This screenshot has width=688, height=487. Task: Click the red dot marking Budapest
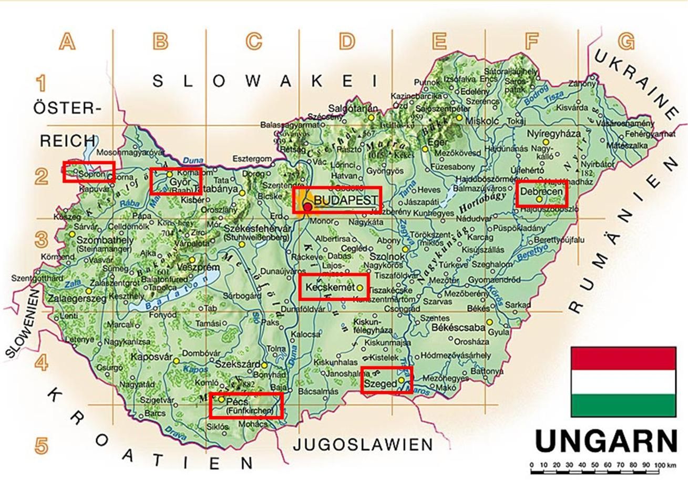(307, 207)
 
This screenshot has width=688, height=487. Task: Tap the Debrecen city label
(540, 192)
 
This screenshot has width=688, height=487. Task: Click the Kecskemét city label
(326, 288)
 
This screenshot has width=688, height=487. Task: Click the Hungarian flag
(623, 381)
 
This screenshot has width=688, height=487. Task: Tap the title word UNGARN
(605, 441)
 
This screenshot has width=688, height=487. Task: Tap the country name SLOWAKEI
(264, 81)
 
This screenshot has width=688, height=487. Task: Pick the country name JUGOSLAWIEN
(363, 445)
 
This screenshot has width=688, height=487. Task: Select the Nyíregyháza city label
(551, 134)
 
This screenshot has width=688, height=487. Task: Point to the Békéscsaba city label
(458, 327)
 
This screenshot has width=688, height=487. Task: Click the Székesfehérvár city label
(257, 229)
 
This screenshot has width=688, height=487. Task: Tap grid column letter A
(67, 41)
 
